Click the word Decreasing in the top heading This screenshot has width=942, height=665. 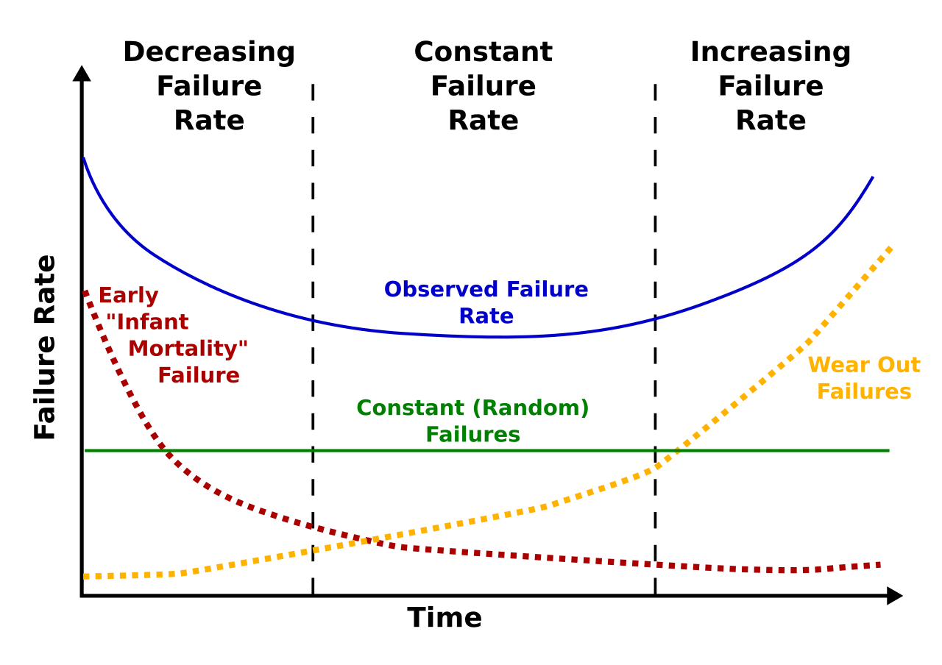click(209, 53)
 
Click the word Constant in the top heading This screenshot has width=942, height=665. click(483, 53)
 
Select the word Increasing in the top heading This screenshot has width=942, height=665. click(770, 53)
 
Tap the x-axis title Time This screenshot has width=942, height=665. click(445, 618)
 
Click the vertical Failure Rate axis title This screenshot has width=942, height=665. click(46, 347)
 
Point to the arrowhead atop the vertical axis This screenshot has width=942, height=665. click(82, 73)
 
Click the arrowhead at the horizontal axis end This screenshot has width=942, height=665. click(894, 596)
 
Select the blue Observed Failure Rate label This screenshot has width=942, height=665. click(486, 302)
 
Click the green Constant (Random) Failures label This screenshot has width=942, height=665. click(472, 421)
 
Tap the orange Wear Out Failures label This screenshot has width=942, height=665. click(864, 378)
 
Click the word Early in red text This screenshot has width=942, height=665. click(128, 296)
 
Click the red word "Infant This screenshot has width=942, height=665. click(147, 322)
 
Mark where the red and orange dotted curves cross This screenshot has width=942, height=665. click(362, 541)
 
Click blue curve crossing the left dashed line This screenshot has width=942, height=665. click(313, 320)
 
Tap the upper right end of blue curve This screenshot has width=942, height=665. click(872, 178)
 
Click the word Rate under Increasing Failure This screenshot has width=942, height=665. click(770, 121)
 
